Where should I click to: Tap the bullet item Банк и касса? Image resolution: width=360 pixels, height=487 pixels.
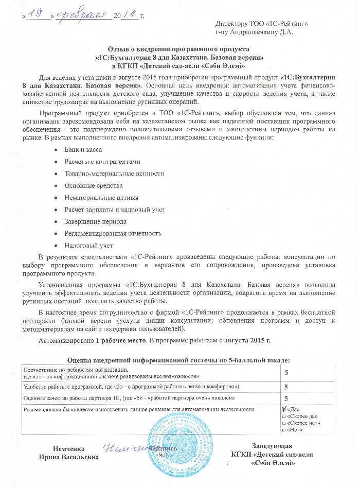83,149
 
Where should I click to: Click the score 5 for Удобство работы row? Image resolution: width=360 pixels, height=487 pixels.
285,386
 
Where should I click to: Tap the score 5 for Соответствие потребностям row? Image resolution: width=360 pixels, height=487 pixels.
285,372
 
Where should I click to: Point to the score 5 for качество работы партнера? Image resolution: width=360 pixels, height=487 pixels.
285,398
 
